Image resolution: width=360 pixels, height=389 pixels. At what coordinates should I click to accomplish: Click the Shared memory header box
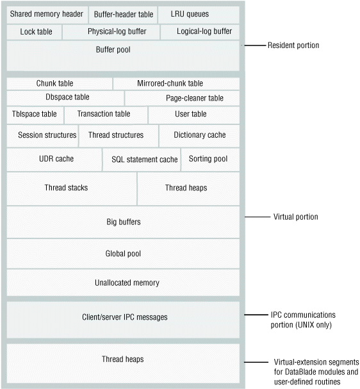pyautogui.click(x=47, y=14)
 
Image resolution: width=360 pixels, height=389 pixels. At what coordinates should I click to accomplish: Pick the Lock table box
pyautogui.click(x=35, y=31)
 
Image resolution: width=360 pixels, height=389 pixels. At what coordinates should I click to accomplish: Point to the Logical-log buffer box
pyautogui.click(x=200, y=31)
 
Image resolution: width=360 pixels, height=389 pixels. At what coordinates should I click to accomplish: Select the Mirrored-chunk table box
pyautogui.click(x=176, y=83)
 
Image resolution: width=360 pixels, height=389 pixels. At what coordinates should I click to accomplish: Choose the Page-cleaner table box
pyautogui.click(x=182, y=98)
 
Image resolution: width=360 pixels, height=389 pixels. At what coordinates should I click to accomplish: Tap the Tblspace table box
pyautogui.click(x=35, y=114)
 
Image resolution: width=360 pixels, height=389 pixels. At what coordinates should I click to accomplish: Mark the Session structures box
pyautogui.click(x=42, y=135)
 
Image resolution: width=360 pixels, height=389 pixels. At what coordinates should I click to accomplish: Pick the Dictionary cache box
pyautogui.click(x=199, y=135)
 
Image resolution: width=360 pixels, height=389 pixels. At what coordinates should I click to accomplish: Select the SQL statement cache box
pyautogui.click(x=140, y=159)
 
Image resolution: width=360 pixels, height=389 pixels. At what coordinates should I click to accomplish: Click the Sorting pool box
pyautogui.click(x=210, y=159)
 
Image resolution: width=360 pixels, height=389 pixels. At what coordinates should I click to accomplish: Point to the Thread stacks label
pyautogui.click(x=66, y=188)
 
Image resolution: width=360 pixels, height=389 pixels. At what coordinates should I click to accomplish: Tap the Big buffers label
pyautogui.click(x=123, y=222)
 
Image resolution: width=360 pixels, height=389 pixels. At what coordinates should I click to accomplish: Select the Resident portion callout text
pyautogui.click(x=293, y=46)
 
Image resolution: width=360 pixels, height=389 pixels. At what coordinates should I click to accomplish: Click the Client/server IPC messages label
pyautogui.click(x=123, y=317)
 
